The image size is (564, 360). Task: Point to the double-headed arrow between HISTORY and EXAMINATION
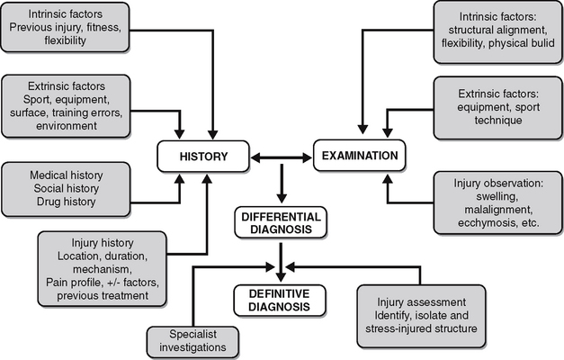pos(281,157)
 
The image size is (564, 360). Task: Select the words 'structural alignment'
pos(480,30)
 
